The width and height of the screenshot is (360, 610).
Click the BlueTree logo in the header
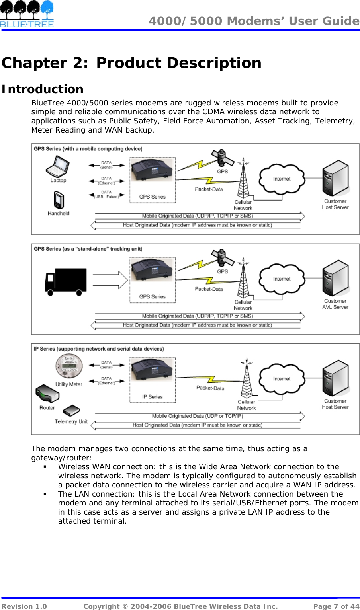tap(27, 14)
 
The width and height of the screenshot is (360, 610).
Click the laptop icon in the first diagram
tap(57, 166)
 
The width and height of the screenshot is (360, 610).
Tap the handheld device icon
tap(59, 200)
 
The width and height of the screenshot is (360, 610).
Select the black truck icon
tap(66, 282)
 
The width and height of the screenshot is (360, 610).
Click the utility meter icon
tap(69, 366)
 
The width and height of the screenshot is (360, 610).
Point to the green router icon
tap(47, 394)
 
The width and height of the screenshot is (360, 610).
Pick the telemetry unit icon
tap(71, 411)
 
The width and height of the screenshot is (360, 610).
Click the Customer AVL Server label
tap(335, 304)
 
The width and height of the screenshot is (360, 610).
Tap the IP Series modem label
tap(152, 397)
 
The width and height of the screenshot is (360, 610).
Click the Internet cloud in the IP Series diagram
tap(282, 379)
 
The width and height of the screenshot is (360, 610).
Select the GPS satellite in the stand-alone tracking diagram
tap(223, 258)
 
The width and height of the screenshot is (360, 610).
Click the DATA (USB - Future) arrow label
tap(106, 194)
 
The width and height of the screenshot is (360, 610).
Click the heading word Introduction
tap(43, 89)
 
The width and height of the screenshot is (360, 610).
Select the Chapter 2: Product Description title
tap(131, 63)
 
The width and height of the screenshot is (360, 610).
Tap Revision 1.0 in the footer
tap(24, 606)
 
